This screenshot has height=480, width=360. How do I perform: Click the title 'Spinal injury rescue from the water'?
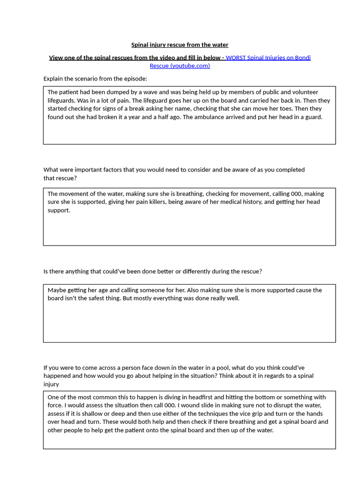[x=180, y=45]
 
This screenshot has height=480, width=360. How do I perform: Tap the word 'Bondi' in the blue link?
[x=302, y=58]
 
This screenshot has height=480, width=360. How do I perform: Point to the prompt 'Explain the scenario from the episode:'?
[x=95, y=79]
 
